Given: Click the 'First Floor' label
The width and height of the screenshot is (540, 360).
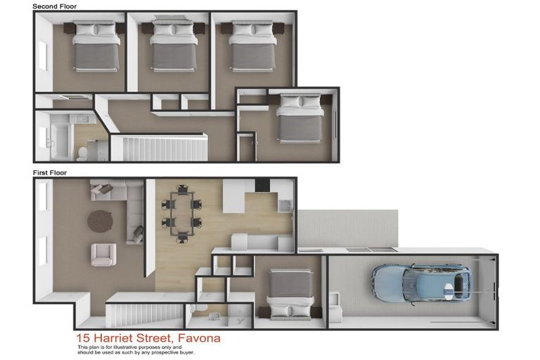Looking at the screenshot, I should (x=50, y=172).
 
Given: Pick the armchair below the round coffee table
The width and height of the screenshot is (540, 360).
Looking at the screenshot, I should (x=103, y=254).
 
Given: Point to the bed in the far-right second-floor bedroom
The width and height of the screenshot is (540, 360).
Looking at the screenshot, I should (x=301, y=119).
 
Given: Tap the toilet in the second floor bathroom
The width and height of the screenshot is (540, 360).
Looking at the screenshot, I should (x=82, y=152).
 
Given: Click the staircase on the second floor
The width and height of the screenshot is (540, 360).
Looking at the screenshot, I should (x=159, y=148).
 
